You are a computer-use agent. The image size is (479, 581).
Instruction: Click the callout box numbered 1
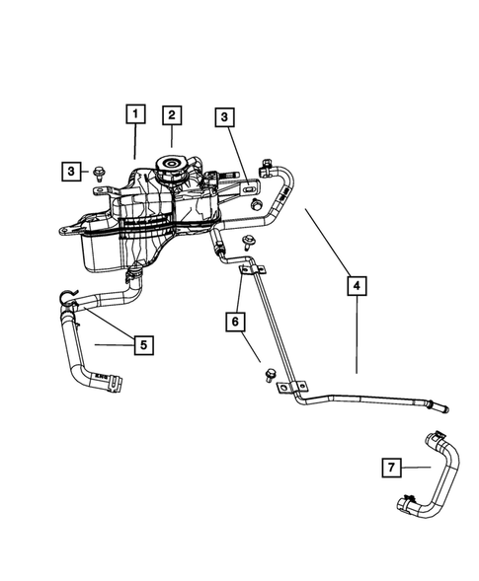pos(134,114)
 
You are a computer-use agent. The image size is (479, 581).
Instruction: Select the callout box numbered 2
pos(171,114)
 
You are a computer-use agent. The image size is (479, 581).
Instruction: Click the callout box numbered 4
pos(357,286)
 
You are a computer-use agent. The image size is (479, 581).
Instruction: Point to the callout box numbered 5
pos(143,344)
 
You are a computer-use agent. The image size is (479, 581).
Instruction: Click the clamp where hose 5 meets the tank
pos(131,271)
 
